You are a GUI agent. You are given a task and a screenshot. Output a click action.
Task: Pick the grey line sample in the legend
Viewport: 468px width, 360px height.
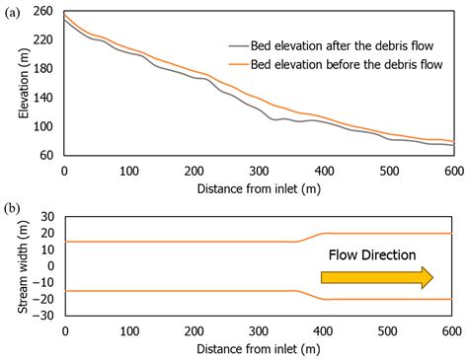click(x=239, y=45)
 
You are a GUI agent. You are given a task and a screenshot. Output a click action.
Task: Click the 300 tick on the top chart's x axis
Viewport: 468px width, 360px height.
click(x=259, y=170)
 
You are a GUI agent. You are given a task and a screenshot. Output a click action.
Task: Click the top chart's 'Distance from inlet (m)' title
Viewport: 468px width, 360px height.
click(x=259, y=185)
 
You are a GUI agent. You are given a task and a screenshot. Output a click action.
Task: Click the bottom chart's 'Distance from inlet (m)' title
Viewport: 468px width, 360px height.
click(x=259, y=348)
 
